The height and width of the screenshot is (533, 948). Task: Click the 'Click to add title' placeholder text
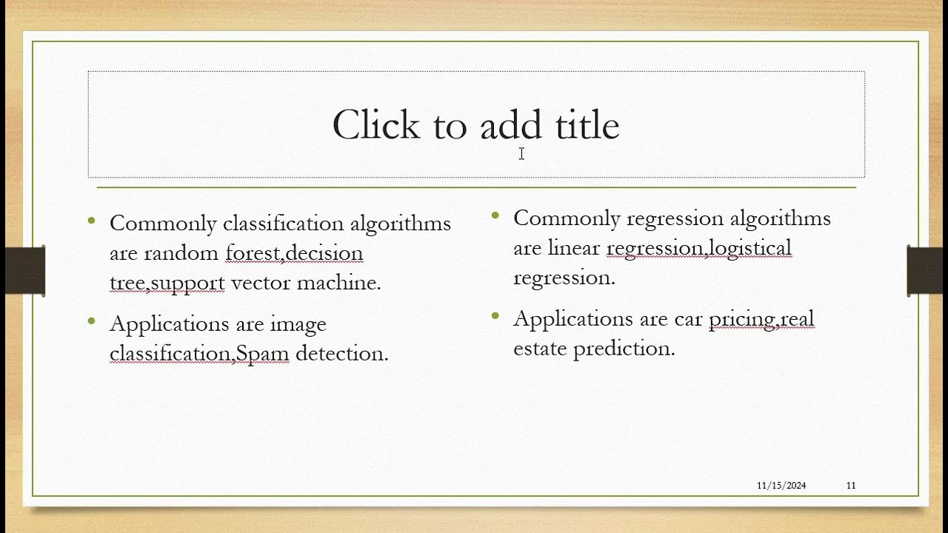[x=475, y=125]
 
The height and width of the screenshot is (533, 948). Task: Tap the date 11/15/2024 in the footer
[x=781, y=486]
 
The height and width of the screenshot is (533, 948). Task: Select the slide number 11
[x=851, y=486]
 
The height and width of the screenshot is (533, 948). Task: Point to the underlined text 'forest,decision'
[x=294, y=253]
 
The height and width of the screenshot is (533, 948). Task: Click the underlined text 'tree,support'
[x=167, y=283]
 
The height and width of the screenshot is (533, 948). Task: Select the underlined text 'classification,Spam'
[x=198, y=354]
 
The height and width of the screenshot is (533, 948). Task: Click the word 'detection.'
[x=341, y=354]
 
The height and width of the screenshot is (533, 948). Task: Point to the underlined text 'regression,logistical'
[x=698, y=248]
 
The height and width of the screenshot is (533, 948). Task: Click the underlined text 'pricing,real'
[x=761, y=319]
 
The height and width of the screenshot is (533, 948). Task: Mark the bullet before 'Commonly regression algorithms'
[x=495, y=215]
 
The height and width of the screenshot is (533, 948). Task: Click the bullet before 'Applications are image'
[x=92, y=321]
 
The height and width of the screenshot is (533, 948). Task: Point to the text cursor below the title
[x=521, y=153]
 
